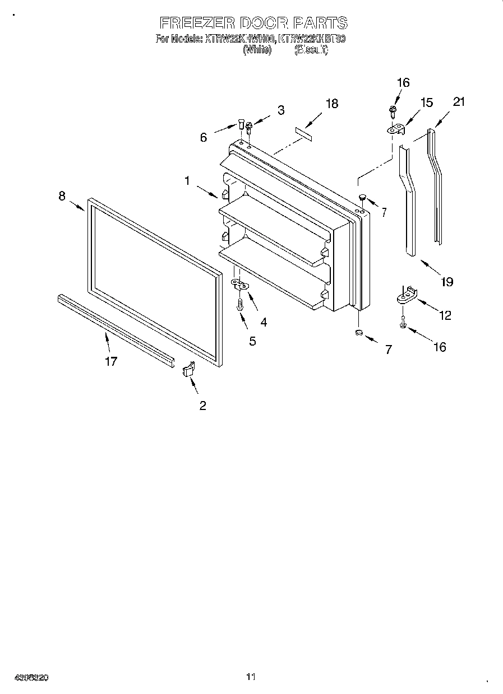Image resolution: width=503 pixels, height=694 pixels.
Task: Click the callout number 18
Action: tap(332, 104)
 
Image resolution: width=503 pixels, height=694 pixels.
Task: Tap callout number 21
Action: tap(459, 101)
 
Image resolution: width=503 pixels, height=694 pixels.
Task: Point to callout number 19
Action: tap(447, 282)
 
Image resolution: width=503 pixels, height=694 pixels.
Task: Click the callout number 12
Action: tap(445, 315)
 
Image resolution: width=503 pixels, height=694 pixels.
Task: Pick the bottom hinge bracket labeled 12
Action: tap(407, 295)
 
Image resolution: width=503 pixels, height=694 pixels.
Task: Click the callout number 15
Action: tap(427, 103)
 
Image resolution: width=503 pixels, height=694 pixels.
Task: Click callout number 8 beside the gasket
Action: tap(62, 195)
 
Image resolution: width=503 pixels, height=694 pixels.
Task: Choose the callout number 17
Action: tap(111, 361)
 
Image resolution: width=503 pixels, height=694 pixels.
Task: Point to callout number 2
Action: tap(202, 406)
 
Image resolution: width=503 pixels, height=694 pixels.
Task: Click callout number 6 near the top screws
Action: tap(204, 137)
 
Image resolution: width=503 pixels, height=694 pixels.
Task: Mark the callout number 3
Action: tap(281, 109)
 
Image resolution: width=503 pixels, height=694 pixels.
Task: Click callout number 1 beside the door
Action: tap(187, 180)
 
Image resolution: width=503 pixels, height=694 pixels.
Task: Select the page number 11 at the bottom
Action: tap(251, 677)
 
